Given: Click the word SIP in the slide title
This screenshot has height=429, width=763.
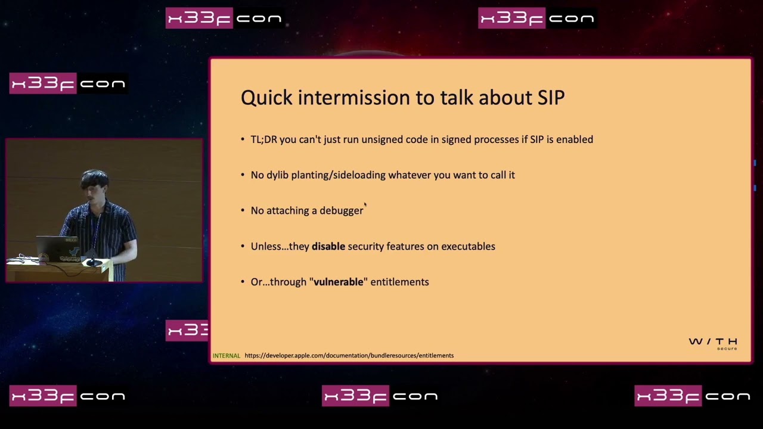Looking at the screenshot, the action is click(x=551, y=98).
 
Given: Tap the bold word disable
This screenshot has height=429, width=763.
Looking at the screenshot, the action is click(x=328, y=246).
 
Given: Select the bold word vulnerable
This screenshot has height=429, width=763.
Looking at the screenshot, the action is click(x=338, y=282).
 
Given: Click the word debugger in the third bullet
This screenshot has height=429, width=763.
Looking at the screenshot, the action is click(x=342, y=211).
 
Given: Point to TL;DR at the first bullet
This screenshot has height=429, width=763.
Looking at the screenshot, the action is click(x=263, y=139).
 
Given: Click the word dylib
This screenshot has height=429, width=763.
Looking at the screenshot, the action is click(x=277, y=175).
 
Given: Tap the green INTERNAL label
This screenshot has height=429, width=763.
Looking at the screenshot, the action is click(x=226, y=356).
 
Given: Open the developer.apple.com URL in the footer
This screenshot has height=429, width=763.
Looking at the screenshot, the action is click(x=349, y=356).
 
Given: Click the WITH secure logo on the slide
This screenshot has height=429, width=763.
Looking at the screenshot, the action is click(x=713, y=344).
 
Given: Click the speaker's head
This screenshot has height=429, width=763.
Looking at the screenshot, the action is click(x=94, y=185).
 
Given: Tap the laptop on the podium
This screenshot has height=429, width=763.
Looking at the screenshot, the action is click(x=57, y=249).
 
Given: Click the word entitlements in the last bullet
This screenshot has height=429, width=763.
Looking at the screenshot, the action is click(x=399, y=282).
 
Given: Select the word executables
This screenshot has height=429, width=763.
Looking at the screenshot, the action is click(x=468, y=246).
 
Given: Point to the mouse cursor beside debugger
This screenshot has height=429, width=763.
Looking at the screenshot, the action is click(x=365, y=204).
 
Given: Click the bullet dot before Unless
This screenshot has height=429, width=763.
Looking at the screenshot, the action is click(x=243, y=246).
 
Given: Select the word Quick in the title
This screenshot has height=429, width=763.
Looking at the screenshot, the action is click(x=266, y=98).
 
